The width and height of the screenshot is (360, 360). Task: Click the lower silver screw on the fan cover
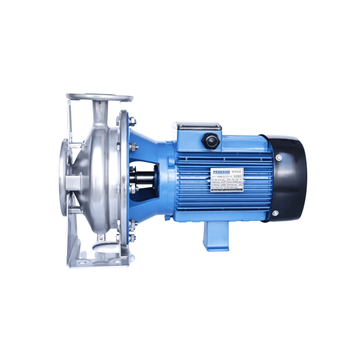(275, 212)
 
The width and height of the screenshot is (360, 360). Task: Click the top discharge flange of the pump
(100, 97)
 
